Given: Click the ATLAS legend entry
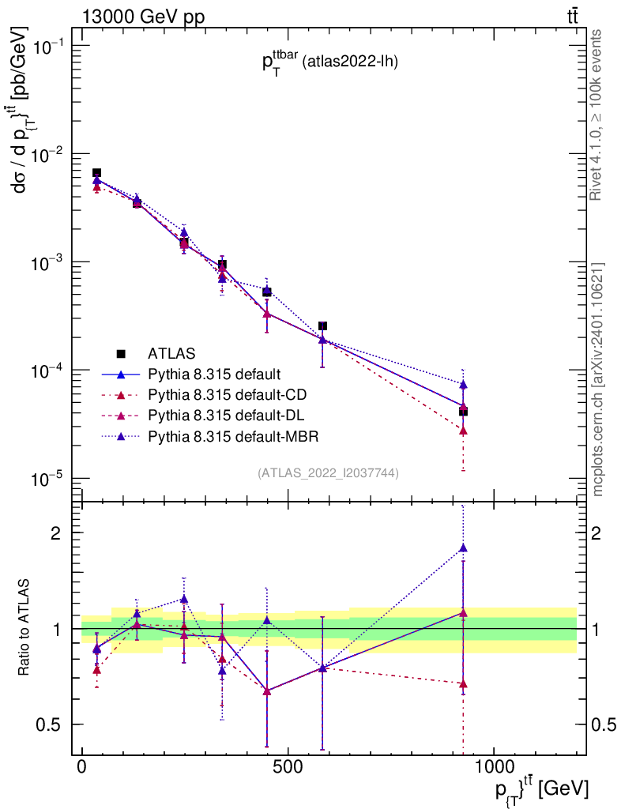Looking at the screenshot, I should click(x=171, y=353).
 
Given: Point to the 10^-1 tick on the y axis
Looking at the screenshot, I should click(x=48, y=46).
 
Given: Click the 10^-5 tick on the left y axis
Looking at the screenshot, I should click(x=48, y=479).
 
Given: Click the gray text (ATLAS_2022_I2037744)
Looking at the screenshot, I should click(x=328, y=472).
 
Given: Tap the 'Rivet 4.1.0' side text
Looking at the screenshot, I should click(x=597, y=115).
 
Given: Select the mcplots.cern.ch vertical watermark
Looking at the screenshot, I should click(x=598, y=378).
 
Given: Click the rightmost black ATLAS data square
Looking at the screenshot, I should click(x=463, y=411).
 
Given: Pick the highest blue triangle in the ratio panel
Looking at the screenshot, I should click(x=463, y=547).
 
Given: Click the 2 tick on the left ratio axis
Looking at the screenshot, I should click(x=57, y=532).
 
